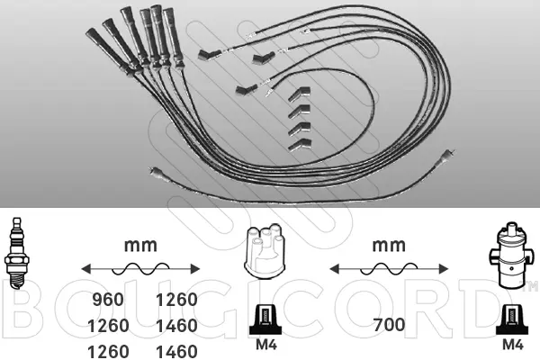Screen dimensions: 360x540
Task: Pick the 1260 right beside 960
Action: (176, 300)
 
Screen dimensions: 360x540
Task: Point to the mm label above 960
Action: (139, 245)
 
